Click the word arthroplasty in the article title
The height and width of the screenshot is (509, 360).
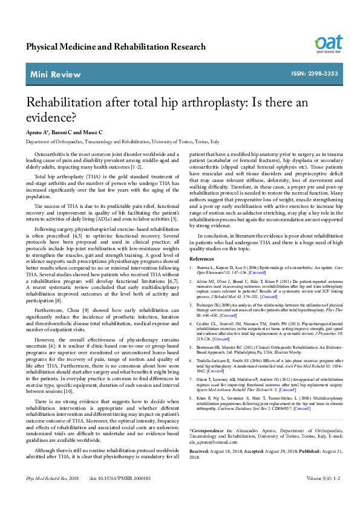[x=205, y=101]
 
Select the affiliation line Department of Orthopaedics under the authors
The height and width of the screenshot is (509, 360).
[x=122, y=141]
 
